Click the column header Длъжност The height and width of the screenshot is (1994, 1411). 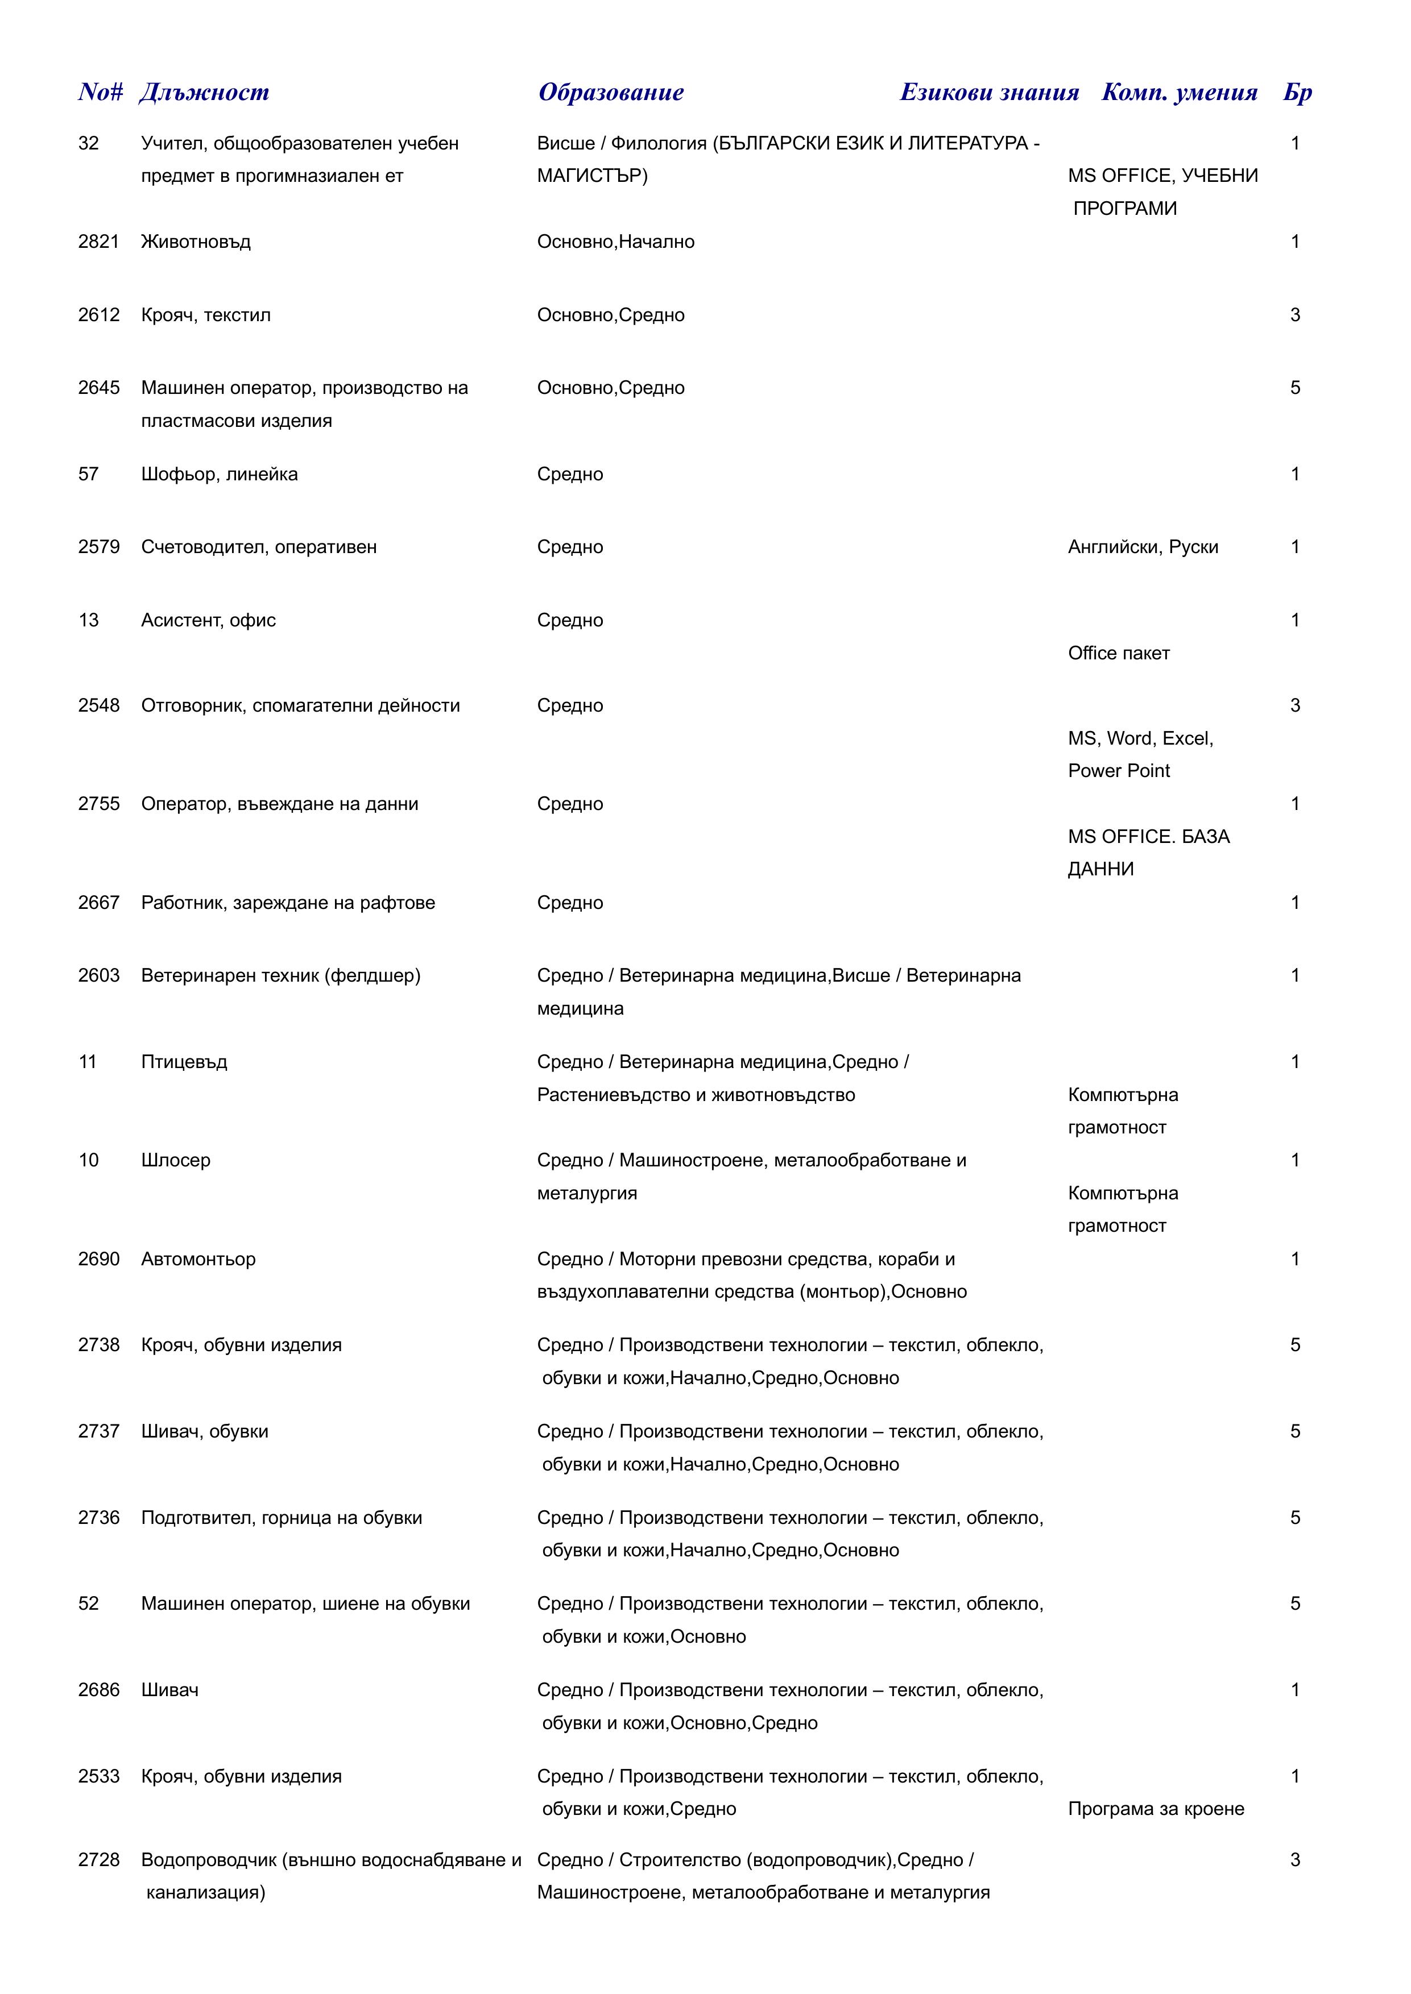(204, 92)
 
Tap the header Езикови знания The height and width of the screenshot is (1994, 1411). (989, 92)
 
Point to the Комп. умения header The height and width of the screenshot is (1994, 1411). (1179, 92)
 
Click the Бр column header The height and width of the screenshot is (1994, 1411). (1297, 92)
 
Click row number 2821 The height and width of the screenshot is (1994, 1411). (98, 242)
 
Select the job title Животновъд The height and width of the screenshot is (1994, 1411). (196, 242)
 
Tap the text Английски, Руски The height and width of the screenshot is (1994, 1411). (1143, 547)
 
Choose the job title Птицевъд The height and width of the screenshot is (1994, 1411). (184, 1062)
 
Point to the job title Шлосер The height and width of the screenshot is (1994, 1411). (176, 1160)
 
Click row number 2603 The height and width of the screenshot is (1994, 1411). (98, 975)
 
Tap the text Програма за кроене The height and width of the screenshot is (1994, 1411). (1156, 1809)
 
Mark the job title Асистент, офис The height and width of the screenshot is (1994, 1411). (209, 620)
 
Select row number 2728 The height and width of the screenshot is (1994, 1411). (98, 1859)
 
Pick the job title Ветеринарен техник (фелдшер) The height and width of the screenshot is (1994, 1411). (280, 975)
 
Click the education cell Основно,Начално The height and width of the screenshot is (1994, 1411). (615, 242)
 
